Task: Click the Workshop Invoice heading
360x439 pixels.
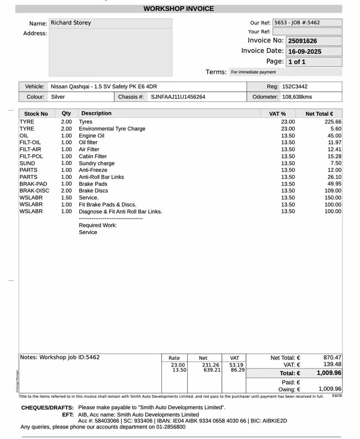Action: point(179,9)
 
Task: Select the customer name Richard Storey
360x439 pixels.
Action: point(71,23)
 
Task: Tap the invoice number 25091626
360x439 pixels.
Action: point(303,41)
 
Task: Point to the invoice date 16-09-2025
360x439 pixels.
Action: point(305,52)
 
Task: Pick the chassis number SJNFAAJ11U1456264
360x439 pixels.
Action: point(178,97)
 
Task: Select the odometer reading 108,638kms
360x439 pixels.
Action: point(297,97)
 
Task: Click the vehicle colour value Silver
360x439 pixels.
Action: point(58,97)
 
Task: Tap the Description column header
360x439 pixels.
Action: point(97,113)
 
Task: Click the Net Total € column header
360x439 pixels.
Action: point(319,114)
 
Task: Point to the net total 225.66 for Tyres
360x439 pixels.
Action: point(333,122)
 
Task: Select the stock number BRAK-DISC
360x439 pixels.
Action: point(34,191)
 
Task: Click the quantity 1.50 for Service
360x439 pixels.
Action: point(67,198)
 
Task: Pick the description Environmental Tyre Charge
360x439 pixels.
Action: point(112,129)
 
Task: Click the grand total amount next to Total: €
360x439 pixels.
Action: point(329,373)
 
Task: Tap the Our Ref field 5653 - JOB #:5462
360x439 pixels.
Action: point(297,23)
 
